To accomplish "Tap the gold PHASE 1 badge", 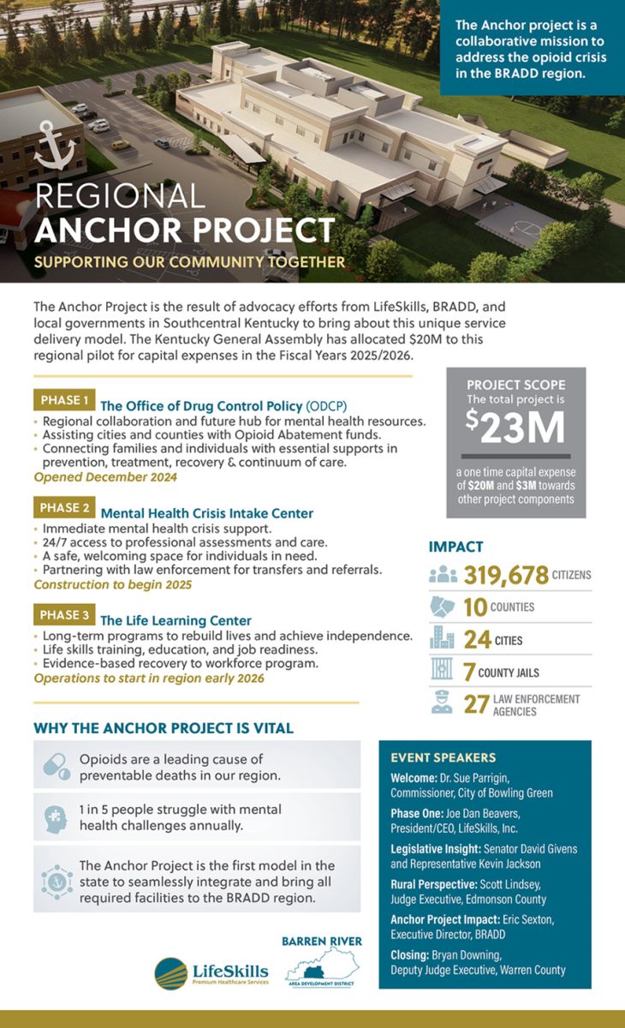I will click(x=62, y=400).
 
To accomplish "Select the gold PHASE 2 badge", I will click(x=62, y=508).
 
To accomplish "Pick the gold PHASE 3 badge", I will click(x=62, y=615).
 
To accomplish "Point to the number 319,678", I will click(x=506, y=575).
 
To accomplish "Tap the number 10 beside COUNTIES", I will click(x=474, y=607).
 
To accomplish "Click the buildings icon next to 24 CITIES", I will click(x=443, y=639).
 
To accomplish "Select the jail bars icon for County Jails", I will click(x=443, y=671).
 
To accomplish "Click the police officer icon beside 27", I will click(x=443, y=704).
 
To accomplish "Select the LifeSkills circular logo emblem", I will click(x=171, y=973).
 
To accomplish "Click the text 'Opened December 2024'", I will click(x=105, y=477).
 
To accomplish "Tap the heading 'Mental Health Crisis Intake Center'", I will click(x=206, y=513).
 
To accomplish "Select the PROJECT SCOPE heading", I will click(x=515, y=385).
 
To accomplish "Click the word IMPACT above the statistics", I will click(x=455, y=547).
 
